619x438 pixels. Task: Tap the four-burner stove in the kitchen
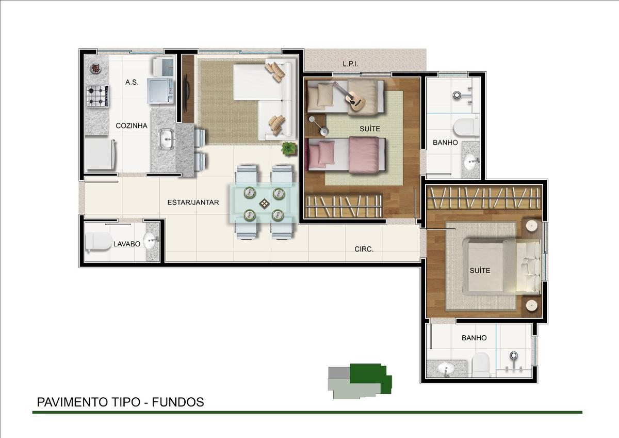[x=97, y=96]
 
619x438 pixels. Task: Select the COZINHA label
[x=132, y=126]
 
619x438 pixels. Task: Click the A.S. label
[x=132, y=82]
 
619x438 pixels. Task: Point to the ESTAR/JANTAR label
[x=193, y=202]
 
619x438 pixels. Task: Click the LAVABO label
[x=127, y=244]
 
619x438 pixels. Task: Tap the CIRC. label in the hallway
[x=364, y=249]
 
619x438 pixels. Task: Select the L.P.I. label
[x=350, y=64]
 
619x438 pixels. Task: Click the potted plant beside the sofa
[x=289, y=148]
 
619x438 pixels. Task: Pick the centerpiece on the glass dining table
[x=265, y=204]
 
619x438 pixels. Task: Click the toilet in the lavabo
[x=99, y=242]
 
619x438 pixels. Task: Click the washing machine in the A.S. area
[x=160, y=91]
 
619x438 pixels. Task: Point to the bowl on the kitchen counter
[x=95, y=68]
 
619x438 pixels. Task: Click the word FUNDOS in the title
[x=178, y=402]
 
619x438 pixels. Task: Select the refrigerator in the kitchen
[x=100, y=154]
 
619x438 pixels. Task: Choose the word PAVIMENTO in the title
[x=74, y=402]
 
